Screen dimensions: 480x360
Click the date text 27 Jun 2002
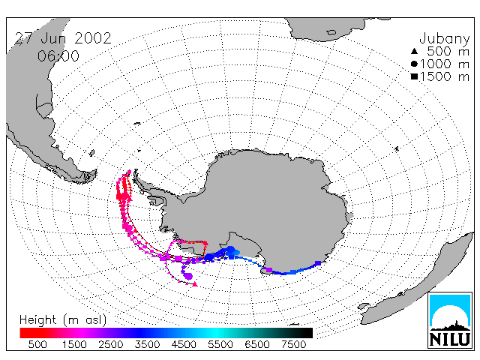tap(63, 38)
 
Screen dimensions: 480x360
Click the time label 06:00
tap(58, 56)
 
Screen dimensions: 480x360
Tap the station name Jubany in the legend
tap(445, 39)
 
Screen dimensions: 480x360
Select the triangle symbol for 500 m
tap(414, 51)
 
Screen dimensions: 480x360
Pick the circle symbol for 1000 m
tap(414, 64)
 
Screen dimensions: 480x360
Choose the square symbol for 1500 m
tap(414, 76)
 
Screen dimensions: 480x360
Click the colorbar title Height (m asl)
tap(63, 320)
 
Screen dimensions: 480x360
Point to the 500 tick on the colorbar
tap(37, 345)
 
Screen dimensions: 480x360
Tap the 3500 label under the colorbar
tap(147, 345)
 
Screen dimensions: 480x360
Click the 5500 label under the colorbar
tap(220, 345)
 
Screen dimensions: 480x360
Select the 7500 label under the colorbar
tap(293, 345)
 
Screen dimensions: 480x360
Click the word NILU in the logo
tap(450, 339)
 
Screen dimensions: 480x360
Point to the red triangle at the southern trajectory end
tap(195, 285)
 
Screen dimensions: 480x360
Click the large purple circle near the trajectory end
tap(189, 277)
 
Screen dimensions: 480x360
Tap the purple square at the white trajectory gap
tap(269, 270)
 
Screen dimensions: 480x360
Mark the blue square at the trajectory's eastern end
tap(318, 263)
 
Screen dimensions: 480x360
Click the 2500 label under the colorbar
tap(111, 345)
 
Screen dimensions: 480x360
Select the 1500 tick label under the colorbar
tap(74, 345)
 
